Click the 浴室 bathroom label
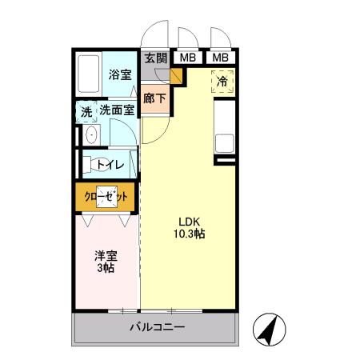click(x=120, y=74)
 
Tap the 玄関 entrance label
click(x=156, y=58)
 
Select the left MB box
click(x=187, y=58)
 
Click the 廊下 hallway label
click(x=154, y=98)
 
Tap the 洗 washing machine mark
click(x=86, y=111)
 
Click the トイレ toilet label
click(x=109, y=165)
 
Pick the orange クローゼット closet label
click(x=107, y=195)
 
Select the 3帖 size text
click(x=106, y=269)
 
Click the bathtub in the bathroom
click(x=90, y=76)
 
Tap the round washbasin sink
click(x=90, y=135)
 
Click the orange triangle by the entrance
click(x=177, y=77)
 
